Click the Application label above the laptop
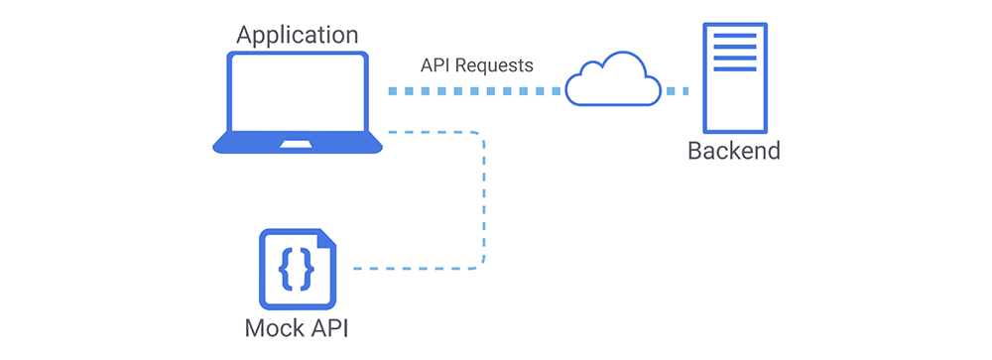[297, 35]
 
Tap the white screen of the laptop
[298, 96]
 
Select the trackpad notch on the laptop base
[298, 145]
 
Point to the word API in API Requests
[434, 65]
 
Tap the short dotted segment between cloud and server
[678, 91]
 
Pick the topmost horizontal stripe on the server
[735, 37]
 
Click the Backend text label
[734, 152]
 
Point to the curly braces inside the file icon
[296, 267]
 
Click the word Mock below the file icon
[273, 328]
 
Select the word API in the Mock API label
[326, 328]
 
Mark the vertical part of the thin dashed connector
[484, 198]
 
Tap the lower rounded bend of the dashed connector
[479, 263]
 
